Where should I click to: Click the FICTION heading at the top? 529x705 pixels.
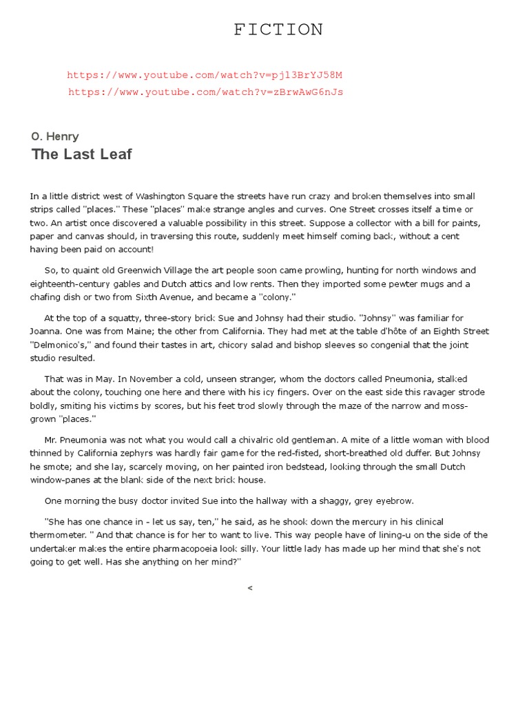point(278,29)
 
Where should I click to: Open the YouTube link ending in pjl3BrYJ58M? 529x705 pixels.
point(205,74)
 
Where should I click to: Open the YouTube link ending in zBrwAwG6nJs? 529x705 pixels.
point(205,92)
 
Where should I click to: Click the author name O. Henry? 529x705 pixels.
point(55,136)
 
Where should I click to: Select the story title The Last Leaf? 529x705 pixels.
point(81,154)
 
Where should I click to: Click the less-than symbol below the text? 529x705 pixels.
point(250,587)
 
